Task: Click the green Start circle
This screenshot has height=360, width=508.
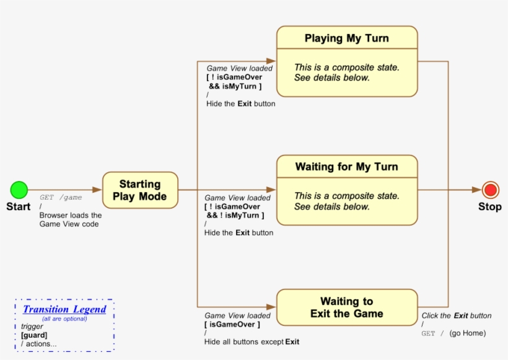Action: coord(19,190)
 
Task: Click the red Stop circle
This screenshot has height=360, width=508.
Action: coord(491,190)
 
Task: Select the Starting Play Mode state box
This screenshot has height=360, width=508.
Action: coord(140,190)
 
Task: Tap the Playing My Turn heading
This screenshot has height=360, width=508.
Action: coord(347,38)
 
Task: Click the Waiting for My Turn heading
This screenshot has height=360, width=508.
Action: coord(347,167)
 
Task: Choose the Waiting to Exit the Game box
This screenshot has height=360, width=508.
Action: coord(347,307)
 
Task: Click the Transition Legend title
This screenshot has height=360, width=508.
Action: coord(64,309)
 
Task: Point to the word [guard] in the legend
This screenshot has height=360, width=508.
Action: coord(34,335)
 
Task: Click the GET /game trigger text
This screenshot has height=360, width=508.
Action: coord(61,198)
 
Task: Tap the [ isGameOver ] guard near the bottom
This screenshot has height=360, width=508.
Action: coord(232,324)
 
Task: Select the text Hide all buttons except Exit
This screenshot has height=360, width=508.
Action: coord(252,341)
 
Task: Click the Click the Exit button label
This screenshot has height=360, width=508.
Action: coord(457,315)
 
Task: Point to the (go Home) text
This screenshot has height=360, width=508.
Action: coord(468,333)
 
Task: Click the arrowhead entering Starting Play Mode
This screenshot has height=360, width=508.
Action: coord(97,190)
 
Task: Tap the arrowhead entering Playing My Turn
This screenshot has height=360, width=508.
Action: coord(272,61)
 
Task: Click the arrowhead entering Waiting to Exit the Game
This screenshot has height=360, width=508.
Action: coord(272,307)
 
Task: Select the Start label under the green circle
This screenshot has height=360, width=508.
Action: coord(19,207)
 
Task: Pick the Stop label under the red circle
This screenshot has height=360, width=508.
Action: coord(490,207)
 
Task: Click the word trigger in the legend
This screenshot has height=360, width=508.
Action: coord(32,327)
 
